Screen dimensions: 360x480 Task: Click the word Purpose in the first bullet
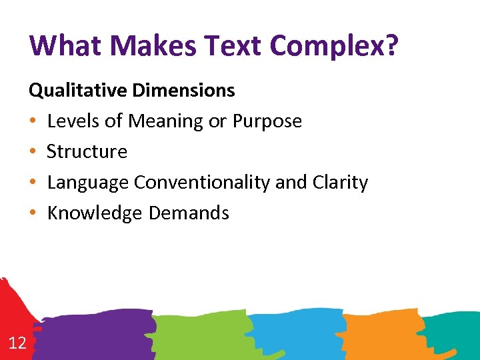[x=267, y=121]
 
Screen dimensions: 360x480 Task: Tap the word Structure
[x=87, y=152]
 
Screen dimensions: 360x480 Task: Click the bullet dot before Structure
[x=33, y=153]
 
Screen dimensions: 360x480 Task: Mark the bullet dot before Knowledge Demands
[x=33, y=214]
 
